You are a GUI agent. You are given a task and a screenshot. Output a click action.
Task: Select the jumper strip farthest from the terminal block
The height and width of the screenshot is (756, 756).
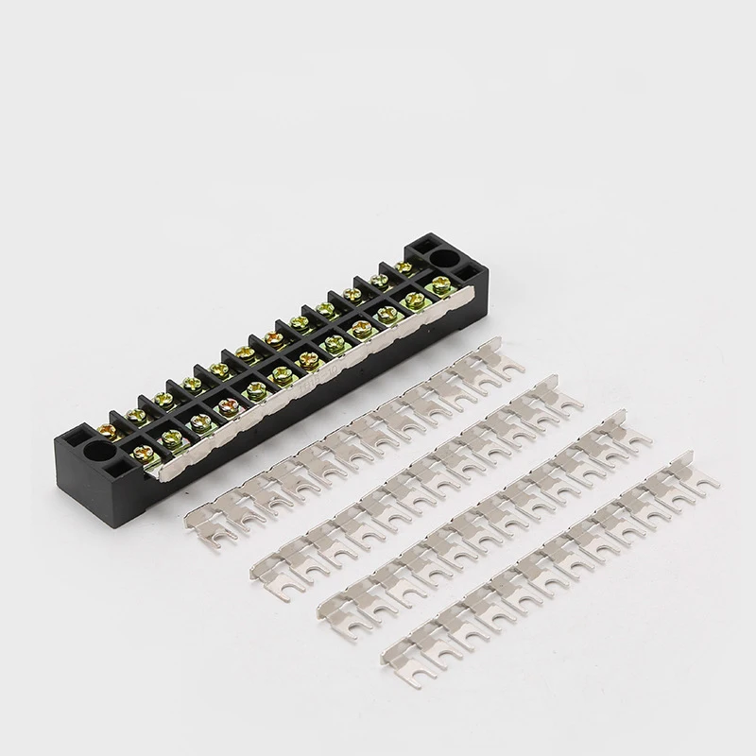[548, 548]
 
